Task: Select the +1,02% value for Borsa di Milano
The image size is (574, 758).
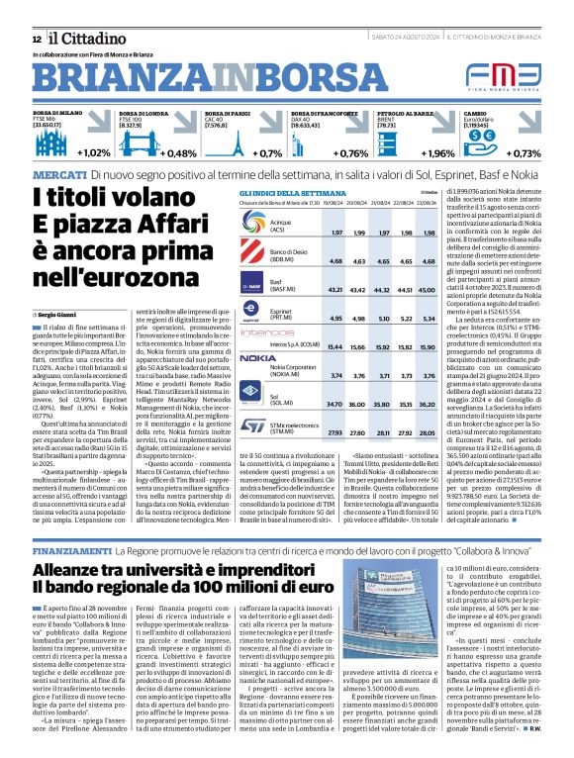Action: [x=92, y=153]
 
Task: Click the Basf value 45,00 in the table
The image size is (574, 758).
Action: [x=429, y=290]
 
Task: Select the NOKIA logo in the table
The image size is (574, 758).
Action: [x=258, y=357]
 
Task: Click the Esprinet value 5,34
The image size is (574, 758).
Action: [x=429, y=320]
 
